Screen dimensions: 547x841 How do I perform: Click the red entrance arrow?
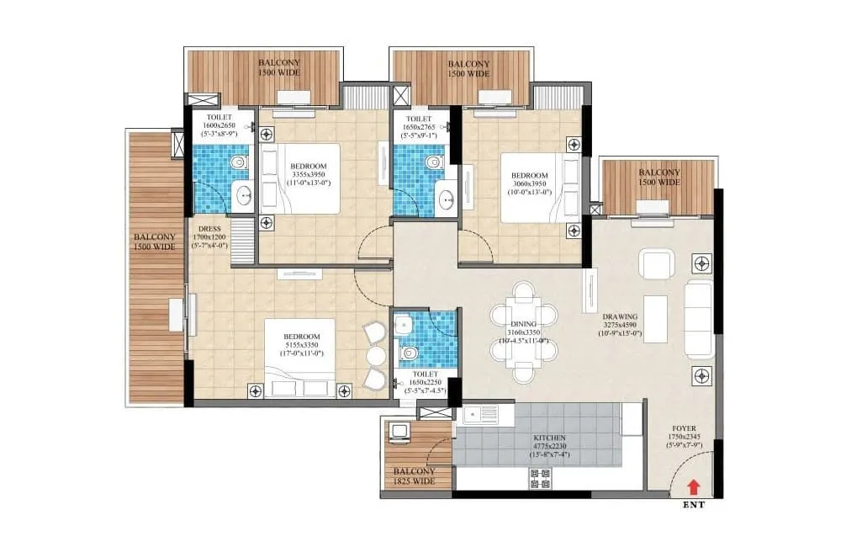pyautogui.click(x=694, y=486)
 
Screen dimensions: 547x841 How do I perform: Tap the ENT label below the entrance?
pyautogui.click(x=694, y=506)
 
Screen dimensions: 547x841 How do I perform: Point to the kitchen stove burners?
pyautogui.click(x=541, y=479)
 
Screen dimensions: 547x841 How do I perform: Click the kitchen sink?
pyautogui.click(x=477, y=413)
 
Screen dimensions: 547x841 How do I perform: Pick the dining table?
pyautogui.click(x=524, y=332)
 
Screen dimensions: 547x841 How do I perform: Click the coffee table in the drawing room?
pyautogui.click(x=655, y=319)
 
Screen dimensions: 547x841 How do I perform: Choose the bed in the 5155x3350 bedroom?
pyautogui.click(x=299, y=358)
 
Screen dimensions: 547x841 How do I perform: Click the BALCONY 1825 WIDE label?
pyautogui.click(x=413, y=476)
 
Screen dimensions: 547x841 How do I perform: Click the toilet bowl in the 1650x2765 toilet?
pyautogui.click(x=434, y=162)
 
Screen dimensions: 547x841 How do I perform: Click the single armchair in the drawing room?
pyautogui.click(x=655, y=264)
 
